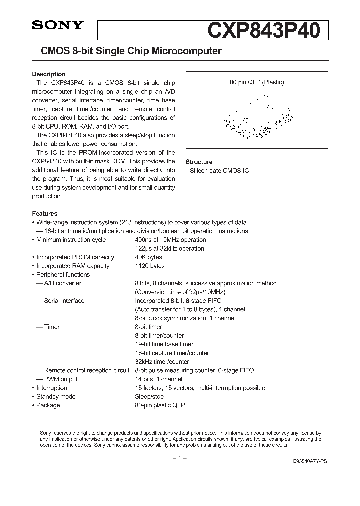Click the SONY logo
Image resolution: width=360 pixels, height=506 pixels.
(x=57, y=26)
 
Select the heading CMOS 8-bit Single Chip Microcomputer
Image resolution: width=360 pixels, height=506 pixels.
(x=127, y=51)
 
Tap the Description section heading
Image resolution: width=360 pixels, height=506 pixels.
(x=49, y=74)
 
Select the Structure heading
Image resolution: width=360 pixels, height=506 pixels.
(x=199, y=162)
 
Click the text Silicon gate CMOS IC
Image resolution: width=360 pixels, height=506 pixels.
(x=219, y=171)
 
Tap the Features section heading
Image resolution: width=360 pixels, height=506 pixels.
(x=45, y=213)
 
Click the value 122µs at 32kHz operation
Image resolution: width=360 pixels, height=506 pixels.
(x=170, y=248)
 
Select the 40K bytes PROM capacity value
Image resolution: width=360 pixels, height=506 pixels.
(x=148, y=257)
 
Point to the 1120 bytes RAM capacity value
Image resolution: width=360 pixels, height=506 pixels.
(x=150, y=266)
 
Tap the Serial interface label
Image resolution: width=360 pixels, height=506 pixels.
(x=64, y=301)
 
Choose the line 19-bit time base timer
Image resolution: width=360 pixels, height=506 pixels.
(x=164, y=344)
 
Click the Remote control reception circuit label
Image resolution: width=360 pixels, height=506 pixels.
(x=87, y=370)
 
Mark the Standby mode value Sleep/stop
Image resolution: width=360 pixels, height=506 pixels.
(x=149, y=397)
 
